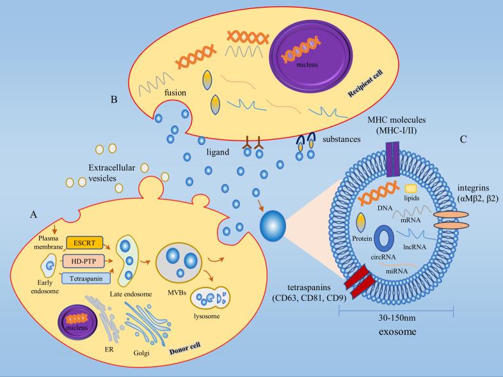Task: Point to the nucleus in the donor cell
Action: point(81,319)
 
